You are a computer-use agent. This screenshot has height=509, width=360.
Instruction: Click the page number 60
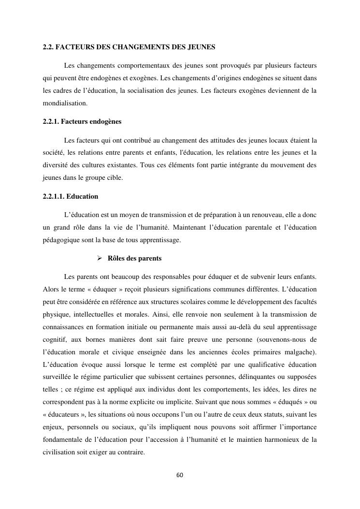tap(180, 475)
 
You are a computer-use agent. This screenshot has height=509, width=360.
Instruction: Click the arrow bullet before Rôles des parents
tap(100, 259)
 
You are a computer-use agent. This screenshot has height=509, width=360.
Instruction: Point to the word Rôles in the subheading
tap(116, 259)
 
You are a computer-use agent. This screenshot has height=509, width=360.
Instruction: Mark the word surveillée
tap(58, 377)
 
